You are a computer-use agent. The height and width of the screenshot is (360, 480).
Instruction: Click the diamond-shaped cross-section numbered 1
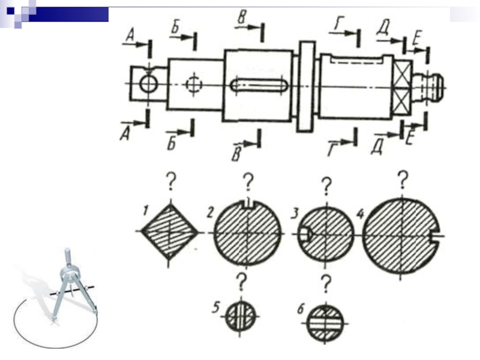click(169, 232)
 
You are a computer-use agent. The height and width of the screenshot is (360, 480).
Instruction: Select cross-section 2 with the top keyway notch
click(248, 233)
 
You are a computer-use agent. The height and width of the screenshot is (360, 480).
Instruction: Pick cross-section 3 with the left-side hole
click(326, 234)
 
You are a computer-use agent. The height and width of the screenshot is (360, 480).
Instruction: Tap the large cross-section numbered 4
click(401, 235)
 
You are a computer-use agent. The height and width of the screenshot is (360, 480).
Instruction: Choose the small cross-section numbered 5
click(241, 316)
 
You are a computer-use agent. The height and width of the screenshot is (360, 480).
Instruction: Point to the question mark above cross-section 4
click(403, 179)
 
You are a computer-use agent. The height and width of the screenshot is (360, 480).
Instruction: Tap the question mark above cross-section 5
click(242, 283)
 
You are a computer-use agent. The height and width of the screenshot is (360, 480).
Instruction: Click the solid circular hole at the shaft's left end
click(148, 83)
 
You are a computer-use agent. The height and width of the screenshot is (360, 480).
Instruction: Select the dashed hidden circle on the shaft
click(194, 83)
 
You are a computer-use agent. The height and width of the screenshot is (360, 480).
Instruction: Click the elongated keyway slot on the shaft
click(259, 85)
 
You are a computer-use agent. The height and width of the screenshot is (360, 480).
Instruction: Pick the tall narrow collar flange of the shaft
click(306, 86)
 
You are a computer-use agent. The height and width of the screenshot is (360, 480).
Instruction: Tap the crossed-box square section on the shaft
click(402, 87)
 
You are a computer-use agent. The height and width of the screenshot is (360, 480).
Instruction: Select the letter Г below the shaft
click(332, 149)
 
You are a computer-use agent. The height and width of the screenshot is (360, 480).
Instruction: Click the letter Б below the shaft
click(172, 143)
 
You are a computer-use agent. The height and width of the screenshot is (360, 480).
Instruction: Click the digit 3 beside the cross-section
click(294, 214)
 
